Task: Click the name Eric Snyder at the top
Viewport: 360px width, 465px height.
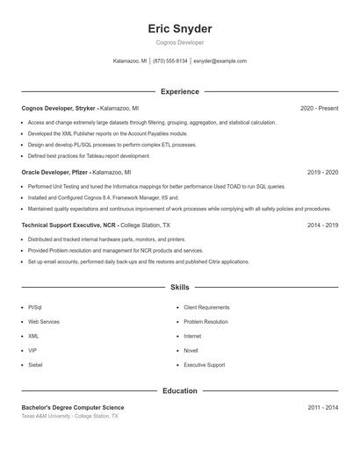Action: (x=180, y=29)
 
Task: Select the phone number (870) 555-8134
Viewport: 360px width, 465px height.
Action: (x=170, y=61)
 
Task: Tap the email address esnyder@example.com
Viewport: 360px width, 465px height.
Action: (x=220, y=61)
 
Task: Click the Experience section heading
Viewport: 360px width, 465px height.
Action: (x=180, y=91)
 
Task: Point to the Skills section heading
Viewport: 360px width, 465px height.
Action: (x=180, y=287)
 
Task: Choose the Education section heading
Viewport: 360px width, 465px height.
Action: (x=180, y=390)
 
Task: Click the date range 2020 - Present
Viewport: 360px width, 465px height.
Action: (x=319, y=108)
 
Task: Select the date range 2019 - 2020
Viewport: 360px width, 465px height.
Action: (x=322, y=173)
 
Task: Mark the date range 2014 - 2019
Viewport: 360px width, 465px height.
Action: (x=322, y=225)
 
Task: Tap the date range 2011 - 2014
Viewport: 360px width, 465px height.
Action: (x=322, y=407)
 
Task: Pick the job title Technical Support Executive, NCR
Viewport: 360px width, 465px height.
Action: (x=68, y=225)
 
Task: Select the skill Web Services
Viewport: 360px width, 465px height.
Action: (x=44, y=322)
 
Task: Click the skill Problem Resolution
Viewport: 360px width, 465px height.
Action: (x=206, y=322)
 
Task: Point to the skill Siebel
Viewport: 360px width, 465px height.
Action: (x=36, y=365)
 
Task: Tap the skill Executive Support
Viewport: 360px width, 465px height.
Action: (x=204, y=365)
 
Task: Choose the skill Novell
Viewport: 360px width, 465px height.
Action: (x=191, y=351)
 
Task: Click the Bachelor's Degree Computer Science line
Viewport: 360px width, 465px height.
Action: (x=73, y=407)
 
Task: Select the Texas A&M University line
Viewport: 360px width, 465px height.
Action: (x=69, y=416)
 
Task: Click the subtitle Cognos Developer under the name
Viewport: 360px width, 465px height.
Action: (x=180, y=42)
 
